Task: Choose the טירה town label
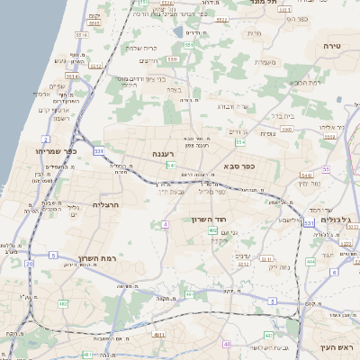click(334, 43)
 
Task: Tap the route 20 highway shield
click(31, 264)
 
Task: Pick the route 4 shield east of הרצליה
click(166, 223)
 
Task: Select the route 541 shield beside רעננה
click(170, 166)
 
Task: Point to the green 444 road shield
click(309, 261)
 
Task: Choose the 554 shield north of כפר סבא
click(239, 142)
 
